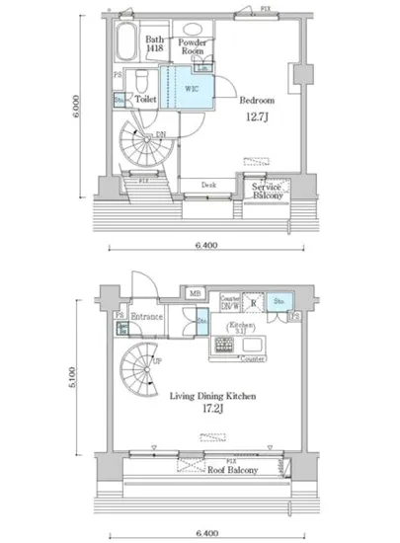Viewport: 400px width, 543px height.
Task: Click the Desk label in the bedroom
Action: point(208,185)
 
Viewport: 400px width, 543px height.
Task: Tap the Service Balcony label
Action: point(267,192)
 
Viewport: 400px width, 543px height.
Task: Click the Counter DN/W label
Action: point(230,301)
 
